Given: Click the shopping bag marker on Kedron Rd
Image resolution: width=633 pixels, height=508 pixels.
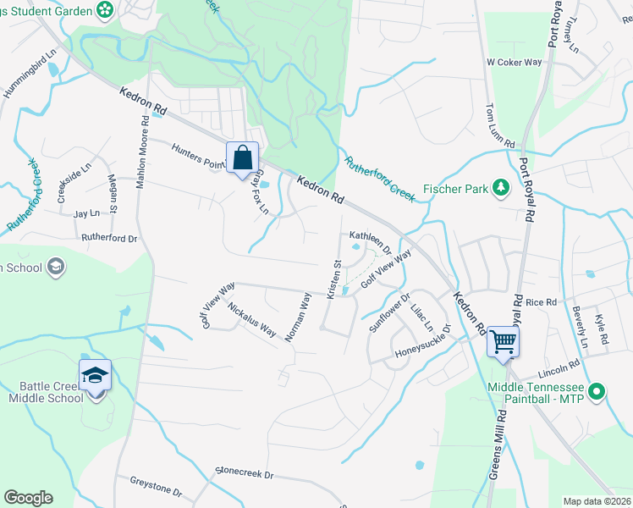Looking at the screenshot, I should (242, 157).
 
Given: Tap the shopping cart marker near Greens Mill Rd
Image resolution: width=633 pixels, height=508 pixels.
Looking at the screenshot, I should (503, 342).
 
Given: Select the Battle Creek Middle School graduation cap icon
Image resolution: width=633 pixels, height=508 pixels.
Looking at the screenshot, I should (95, 374).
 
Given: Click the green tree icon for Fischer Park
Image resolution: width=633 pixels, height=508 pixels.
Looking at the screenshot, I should (502, 188).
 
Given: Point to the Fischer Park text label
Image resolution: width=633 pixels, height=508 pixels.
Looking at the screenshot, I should (455, 189).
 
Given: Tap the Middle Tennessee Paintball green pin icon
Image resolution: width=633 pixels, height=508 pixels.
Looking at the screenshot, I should (597, 391).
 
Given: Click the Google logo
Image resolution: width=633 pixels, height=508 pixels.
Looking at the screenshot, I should (28, 498).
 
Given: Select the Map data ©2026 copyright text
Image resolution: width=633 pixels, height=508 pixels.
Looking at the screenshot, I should (597, 501).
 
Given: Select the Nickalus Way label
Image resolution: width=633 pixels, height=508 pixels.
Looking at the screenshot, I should (251, 317).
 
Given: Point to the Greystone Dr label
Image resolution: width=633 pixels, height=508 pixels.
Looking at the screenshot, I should (156, 485).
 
